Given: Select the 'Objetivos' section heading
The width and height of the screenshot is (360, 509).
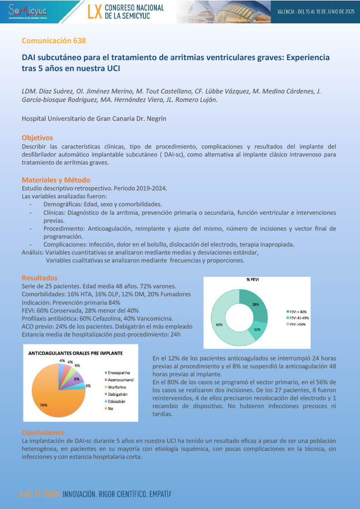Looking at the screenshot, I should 37,138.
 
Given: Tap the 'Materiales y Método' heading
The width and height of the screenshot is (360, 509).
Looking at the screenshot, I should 56,179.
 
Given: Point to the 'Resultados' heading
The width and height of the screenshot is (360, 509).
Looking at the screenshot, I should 40,277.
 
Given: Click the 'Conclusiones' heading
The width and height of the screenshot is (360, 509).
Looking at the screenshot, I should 43,432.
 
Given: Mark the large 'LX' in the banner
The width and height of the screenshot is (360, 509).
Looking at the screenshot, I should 94,12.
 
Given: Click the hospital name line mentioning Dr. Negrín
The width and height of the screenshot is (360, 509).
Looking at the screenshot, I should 100,119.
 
